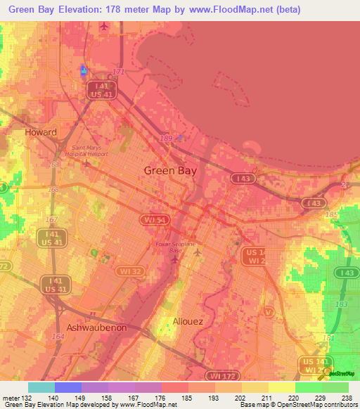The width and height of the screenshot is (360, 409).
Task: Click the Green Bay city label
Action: (169, 170)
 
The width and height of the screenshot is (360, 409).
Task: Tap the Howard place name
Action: (40, 132)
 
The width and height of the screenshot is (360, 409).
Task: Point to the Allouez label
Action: (188, 321)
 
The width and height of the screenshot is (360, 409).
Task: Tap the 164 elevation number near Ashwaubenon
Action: (56, 337)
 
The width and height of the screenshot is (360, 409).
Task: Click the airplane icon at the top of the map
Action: (105, 27)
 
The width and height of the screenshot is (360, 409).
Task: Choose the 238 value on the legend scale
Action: (347, 397)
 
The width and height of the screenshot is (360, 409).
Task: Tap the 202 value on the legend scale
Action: (239, 397)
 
